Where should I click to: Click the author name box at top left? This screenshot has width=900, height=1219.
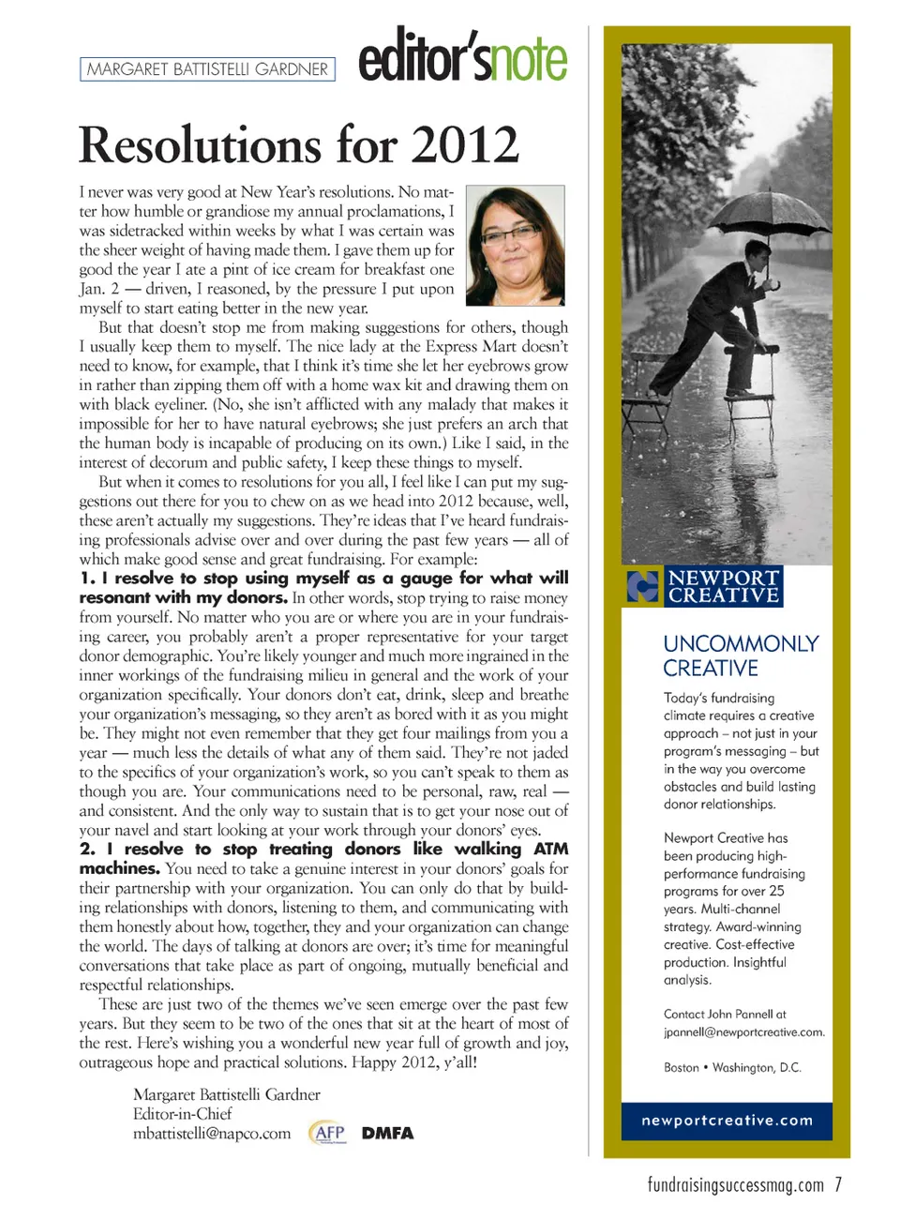coord(207,69)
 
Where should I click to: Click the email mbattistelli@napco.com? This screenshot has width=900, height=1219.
coord(212,1134)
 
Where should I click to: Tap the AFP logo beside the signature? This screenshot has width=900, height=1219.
coord(327,1133)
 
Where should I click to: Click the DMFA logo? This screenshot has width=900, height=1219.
coord(387,1133)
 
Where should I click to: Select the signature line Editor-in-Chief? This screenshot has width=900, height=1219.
coord(183,1114)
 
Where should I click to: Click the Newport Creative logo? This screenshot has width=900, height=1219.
coord(705,586)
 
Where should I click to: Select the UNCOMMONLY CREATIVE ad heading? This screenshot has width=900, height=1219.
coord(741,655)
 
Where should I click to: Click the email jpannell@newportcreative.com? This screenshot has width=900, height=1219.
coord(744,1032)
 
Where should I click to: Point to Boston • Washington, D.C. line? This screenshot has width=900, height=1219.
coord(732,1068)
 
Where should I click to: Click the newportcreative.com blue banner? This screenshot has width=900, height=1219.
coord(727,1121)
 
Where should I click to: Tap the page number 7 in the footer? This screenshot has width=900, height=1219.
coord(838,1184)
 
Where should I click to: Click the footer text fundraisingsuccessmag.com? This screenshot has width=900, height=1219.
coord(736,1185)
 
